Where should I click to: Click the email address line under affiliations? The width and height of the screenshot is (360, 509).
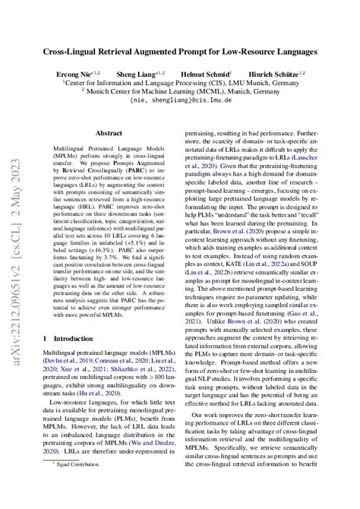[x=179, y=99]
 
